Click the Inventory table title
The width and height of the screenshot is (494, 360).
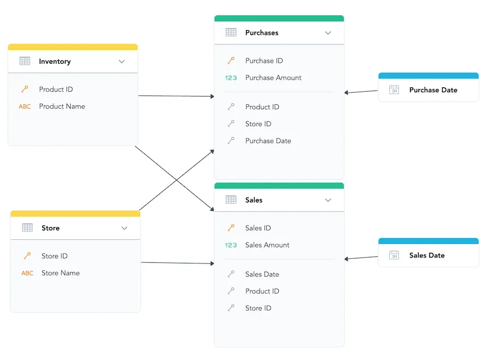pyautogui.click(x=54, y=61)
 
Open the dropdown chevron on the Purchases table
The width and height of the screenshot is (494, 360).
pyautogui.click(x=328, y=33)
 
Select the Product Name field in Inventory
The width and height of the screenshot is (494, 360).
pyautogui.click(x=61, y=106)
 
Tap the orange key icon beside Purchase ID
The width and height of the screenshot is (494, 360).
pyautogui.click(x=231, y=61)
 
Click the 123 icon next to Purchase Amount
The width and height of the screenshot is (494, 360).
pyautogui.click(x=231, y=78)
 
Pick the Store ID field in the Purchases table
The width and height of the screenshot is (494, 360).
pyautogui.click(x=258, y=124)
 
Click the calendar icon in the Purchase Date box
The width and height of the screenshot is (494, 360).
pyautogui.click(x=394, y=90)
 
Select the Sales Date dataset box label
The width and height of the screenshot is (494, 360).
pyautogui.click(x=426, y=255)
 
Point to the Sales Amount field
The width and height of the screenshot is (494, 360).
pyautogui.click(x=267, y=245)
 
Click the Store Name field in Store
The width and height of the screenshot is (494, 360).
pyautogui.click(x=60, y=273)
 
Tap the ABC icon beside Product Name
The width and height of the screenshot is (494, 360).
pyautogui.click(x=25, y=106)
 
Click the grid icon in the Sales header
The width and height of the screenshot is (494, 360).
pyautogui.click(x=231, y=200)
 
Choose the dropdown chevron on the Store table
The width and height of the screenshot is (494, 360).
pyautogui.click(x=125, y=228)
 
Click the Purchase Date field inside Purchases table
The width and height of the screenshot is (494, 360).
pyautogui.click(x=268, y=141)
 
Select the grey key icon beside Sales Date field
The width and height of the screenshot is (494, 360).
pyautogui.click(x=231, y=274)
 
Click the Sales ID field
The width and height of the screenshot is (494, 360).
pyautogui.click(x=258, y=228)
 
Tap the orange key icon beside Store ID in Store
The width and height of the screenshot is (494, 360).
pyautogui.click(x=27, y=256)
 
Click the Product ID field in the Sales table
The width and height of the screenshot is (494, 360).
pyautogui.click(x=262, y=291)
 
